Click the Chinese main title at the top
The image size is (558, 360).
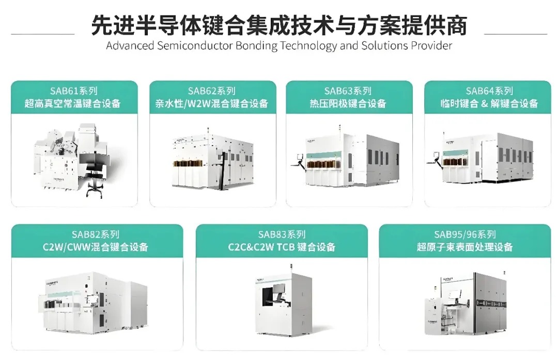(279, 25)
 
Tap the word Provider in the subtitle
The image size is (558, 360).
(431, 45)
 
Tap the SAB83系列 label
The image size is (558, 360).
(282, 235)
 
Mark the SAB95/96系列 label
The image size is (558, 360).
(464, 235)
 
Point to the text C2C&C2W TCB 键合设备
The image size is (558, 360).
(282, 247)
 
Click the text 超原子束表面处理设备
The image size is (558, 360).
(464, 247)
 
